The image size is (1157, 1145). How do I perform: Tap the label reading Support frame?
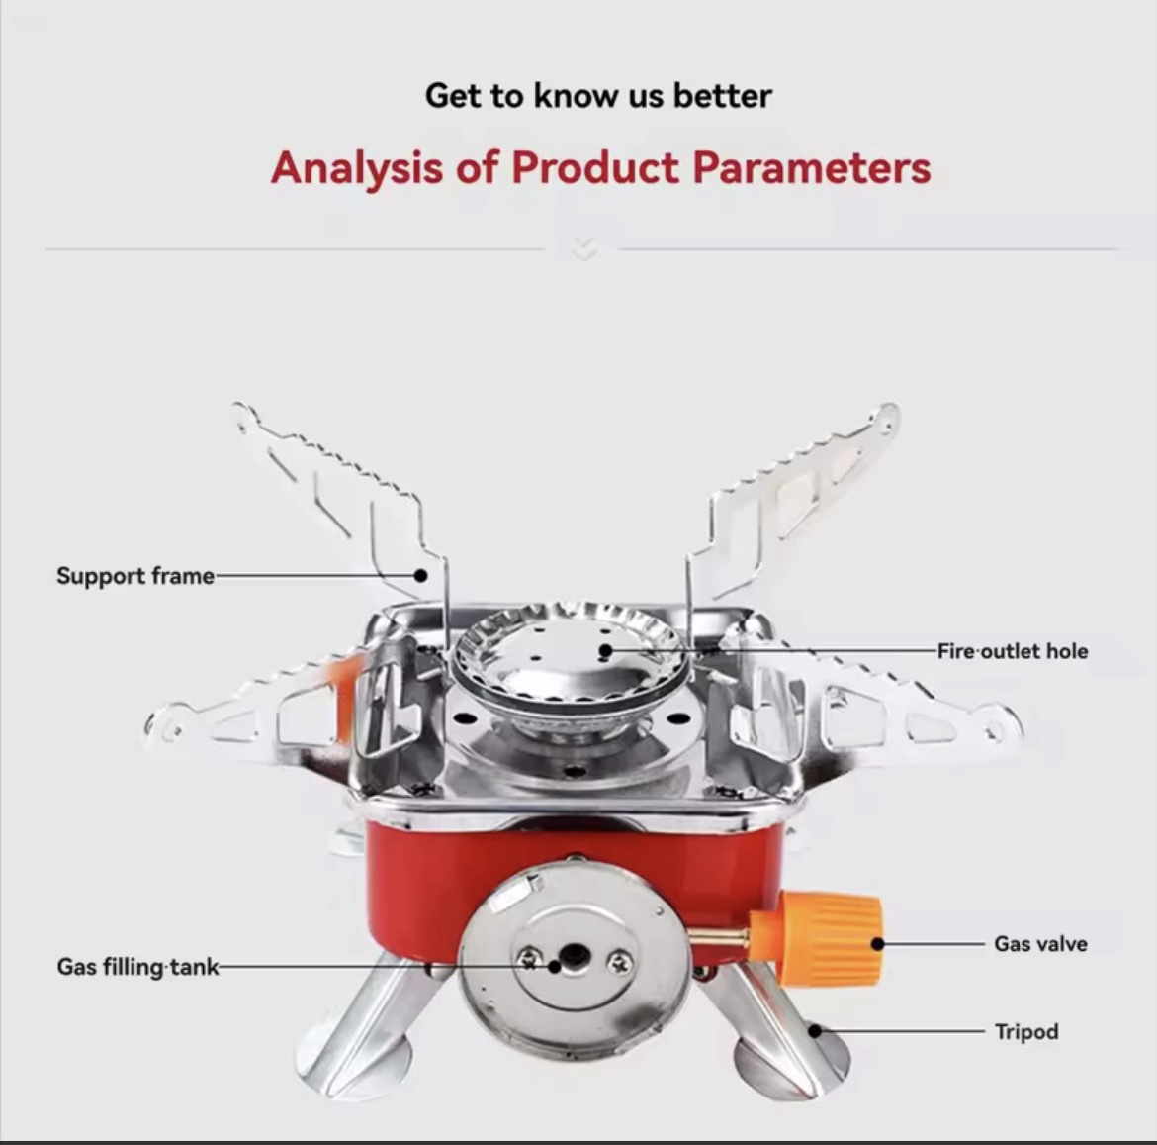point(135,576)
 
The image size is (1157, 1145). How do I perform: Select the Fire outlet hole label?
point(1013,651)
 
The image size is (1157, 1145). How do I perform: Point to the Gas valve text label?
point(1040,943)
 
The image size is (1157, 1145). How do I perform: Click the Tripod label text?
point(1026,1031)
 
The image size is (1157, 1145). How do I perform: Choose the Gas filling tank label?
point(138,966)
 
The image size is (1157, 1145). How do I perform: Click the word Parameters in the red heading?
point(812,167)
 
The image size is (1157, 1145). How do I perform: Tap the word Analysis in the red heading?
point(357,168)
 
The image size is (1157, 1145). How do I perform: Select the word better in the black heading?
point(723,96)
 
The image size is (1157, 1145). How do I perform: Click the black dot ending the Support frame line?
point(420,575)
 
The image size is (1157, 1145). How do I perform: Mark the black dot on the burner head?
point(606,650)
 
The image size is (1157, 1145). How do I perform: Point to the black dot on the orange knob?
point(877,943)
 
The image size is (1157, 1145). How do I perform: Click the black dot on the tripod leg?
point(816,1030)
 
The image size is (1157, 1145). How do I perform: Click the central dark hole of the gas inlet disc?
point(574,958)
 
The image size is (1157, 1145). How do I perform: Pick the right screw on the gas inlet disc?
point(619,962)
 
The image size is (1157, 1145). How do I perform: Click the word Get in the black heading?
point(452,96)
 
